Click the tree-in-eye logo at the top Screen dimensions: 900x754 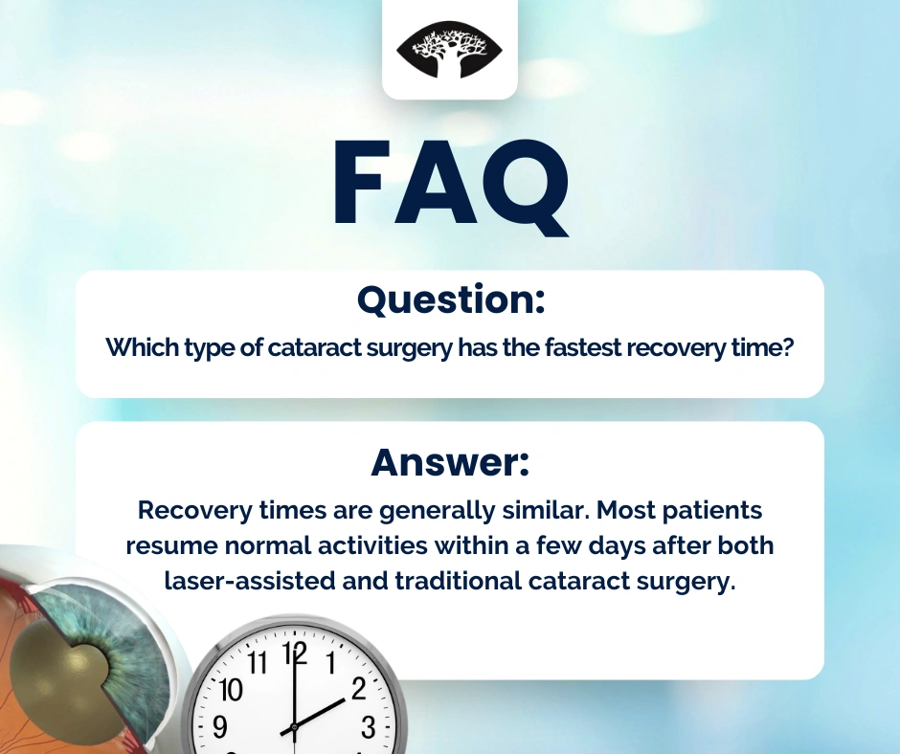(x=449, y=50)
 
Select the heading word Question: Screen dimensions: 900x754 (x=451, y=299)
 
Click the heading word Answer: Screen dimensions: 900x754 (x=450, y=462)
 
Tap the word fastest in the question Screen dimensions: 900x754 (x=582, y=347)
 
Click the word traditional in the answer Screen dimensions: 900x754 (x=458, y=581)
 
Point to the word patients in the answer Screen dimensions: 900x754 (x=711, y=511)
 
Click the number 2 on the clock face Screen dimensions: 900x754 (x=359, y=689)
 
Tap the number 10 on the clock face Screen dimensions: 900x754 (x=231, y=690)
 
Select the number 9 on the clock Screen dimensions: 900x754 (x=220, y=727)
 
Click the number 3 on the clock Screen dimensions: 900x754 (x=368, y=727)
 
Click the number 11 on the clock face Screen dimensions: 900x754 (x=258, y=663)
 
